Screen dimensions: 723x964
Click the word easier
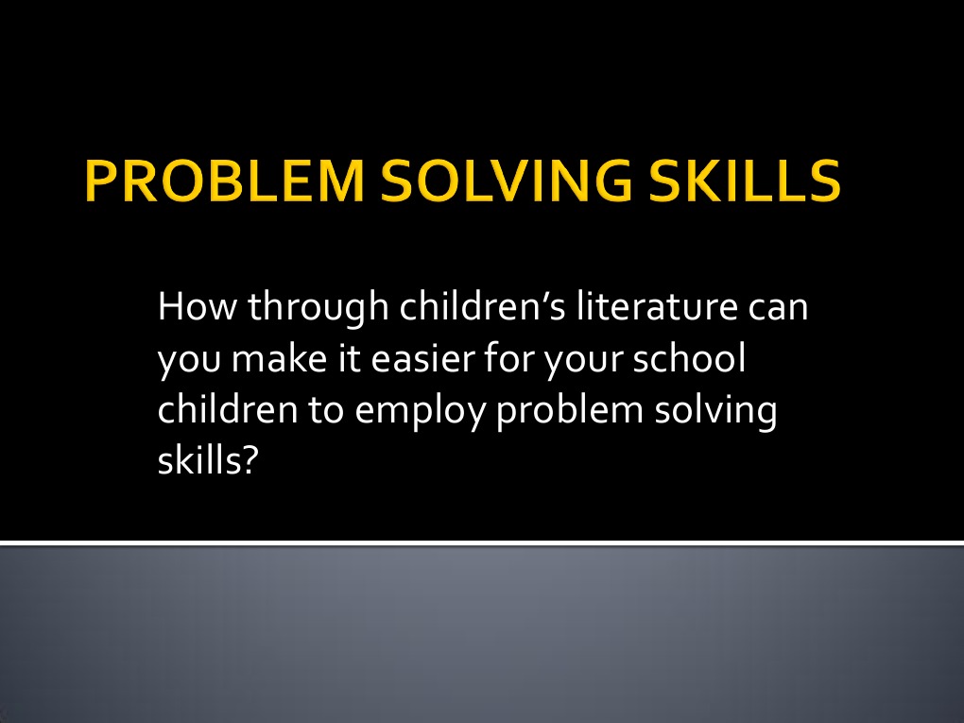(x=425, y=360)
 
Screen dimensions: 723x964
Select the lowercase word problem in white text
(x=573, y=411)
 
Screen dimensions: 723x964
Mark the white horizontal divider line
(x=482, y=543)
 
